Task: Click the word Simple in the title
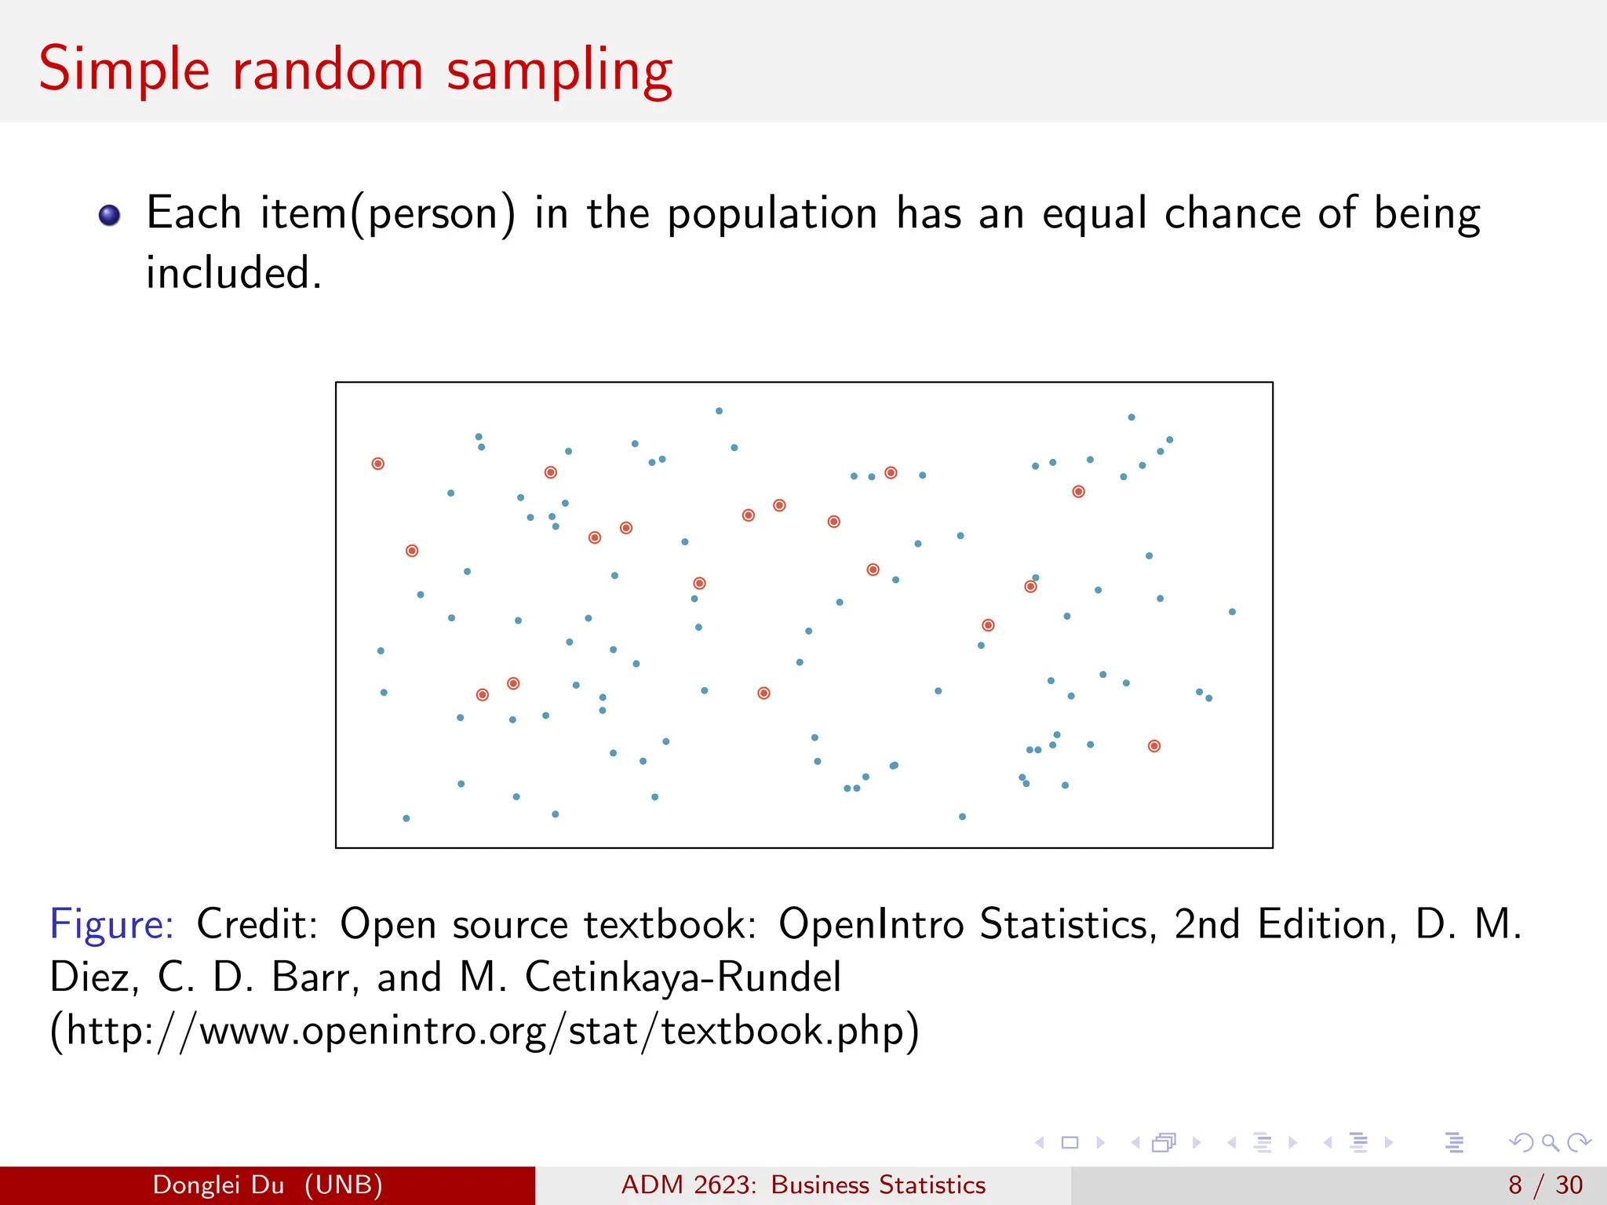[124, 71]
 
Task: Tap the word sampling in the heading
[559, 72]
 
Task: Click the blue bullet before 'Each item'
[110, 215]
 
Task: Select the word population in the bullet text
[772, 214]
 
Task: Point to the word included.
[234, 274]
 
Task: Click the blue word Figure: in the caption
[111, 924]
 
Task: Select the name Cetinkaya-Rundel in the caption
[683, 977]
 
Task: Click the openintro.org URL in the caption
[483, 1030]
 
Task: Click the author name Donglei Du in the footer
[218, 1185]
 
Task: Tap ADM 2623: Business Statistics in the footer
[803, 1185]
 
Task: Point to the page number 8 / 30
[1545, 1185]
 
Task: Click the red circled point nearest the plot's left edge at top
[377, 464]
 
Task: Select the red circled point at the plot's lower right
[1153, 746]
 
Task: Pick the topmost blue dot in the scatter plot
[719, 411]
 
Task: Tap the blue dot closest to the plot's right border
[1232, 612]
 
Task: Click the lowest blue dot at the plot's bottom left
[406, 818]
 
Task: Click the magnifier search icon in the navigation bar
[1550, 1143]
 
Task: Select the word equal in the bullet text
[1094, 214]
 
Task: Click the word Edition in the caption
[1327, 924]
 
